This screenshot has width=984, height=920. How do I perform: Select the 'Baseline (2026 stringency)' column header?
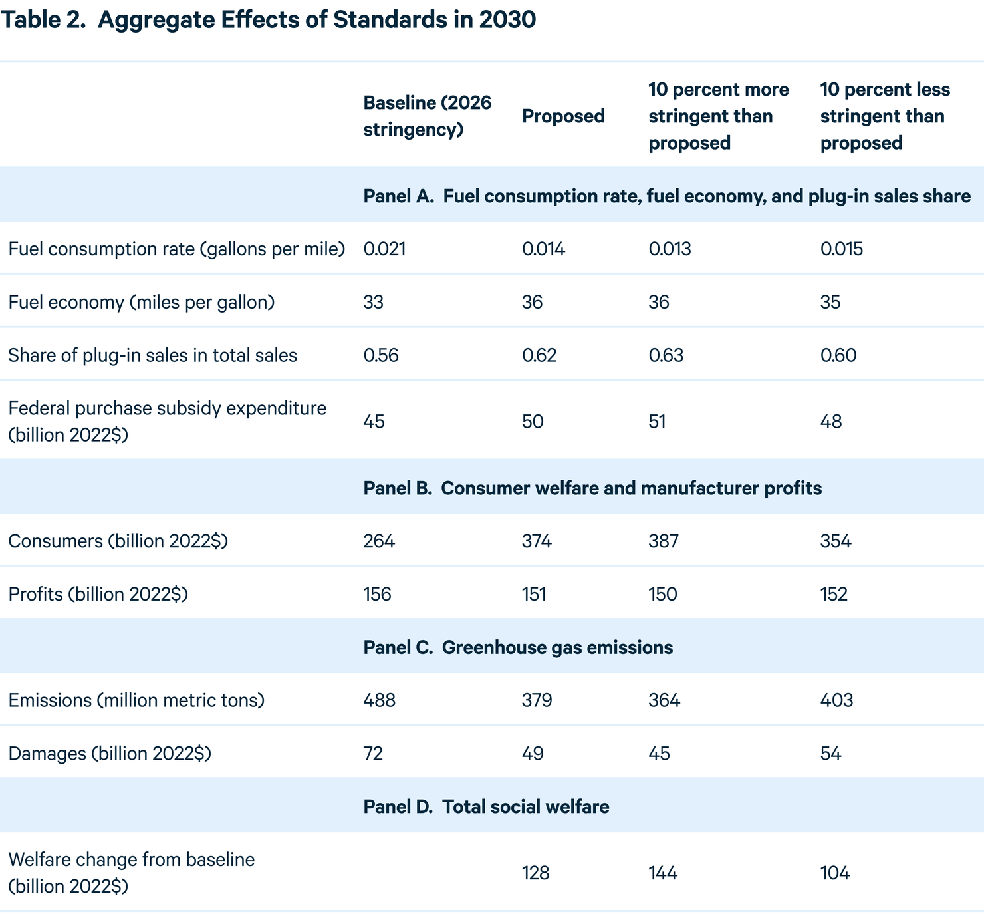pos(427,116)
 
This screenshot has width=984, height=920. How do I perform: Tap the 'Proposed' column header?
pos(563,116)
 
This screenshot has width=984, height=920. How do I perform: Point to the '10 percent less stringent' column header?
pos(884,116)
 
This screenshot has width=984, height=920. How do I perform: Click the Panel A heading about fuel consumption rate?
pos(666,196)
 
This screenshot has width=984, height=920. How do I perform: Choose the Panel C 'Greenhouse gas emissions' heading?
pos(518,647)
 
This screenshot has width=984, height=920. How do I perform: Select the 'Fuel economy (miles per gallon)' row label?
pos(141,302)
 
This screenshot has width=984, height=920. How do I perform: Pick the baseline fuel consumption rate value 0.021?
pos(384,249)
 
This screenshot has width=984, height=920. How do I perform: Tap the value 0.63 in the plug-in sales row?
pos(666,355)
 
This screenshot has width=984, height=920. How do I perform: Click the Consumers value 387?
pos(663,541)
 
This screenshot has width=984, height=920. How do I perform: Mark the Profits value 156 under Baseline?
pos(377,594)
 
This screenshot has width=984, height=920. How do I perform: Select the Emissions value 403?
pos(836,700)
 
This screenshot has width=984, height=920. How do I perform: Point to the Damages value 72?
pos(373,754)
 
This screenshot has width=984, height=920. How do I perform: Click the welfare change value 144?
pos(663,873)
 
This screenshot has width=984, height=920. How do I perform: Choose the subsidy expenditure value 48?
pos(831,422)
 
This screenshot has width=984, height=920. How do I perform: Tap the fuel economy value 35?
pos(830,303)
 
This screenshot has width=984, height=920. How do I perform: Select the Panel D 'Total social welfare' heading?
pos(486,806)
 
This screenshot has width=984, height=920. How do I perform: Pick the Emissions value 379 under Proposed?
pos(537,700)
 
